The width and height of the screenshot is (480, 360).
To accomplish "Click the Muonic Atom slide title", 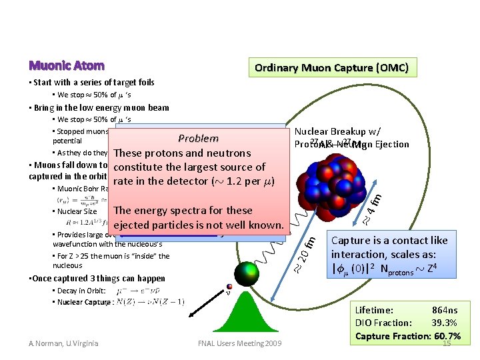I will tap(66, 65).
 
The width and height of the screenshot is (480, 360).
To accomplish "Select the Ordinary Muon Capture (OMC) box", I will tap(332, 67).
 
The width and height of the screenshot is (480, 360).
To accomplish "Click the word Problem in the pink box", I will tap(198, 139).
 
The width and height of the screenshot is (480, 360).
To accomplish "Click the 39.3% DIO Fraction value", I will tap(444, 323).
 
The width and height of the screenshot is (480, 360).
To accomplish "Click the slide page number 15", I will tap(447, 343).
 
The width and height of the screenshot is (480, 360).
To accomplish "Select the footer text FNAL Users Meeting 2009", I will tap(239, 343).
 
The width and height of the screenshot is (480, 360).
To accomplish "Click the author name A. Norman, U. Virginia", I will tap(63, 343).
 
